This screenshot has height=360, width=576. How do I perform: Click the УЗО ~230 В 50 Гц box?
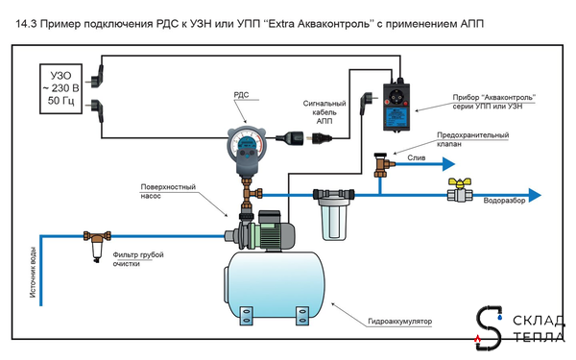click(61, 86)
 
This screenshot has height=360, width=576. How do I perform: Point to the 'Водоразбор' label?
click(504, 202)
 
